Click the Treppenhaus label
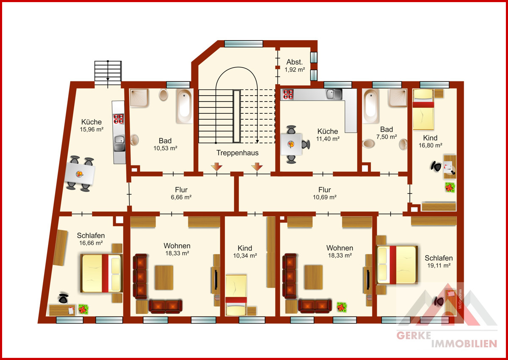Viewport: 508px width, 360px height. pos(237,153)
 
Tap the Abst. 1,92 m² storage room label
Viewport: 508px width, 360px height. pos(295,66)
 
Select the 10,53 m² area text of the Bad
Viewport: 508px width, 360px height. pos(165,148)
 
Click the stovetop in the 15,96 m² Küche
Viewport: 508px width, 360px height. pos(119,119)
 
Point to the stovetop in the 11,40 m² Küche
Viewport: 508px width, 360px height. pos(288,94)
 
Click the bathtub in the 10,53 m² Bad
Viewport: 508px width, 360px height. pos(185,106)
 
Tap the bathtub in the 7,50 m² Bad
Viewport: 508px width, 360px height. pos(370,106)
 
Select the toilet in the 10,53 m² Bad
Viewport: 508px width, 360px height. pos(163,94)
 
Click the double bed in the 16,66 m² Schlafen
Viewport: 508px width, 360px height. pos(102,273)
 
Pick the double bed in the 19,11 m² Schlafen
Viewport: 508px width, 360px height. pos(397,265)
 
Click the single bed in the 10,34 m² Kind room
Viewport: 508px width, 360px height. pos(236,295)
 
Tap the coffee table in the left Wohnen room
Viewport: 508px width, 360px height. pos(164,278)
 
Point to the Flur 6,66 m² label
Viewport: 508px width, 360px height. pos(181,193)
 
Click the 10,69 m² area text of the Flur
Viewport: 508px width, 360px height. pos(325,197)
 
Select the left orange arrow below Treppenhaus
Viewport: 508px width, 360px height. pos(217,167)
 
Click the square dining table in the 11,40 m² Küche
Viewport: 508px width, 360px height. pos(291,144)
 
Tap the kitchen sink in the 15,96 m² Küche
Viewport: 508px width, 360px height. pos(119,143)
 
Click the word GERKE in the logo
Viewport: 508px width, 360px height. pos(414,335)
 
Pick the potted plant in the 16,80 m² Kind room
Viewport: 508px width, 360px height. pos(450,187)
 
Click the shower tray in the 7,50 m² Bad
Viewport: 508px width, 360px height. pos(398,98)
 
